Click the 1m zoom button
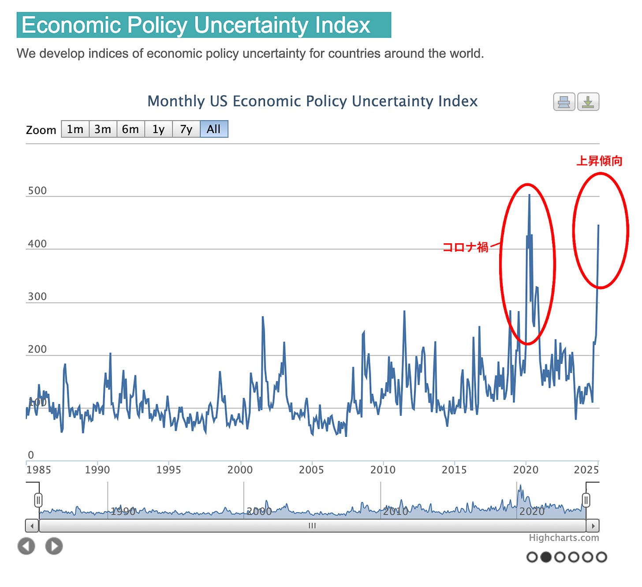point(75,129)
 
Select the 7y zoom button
point(186,129)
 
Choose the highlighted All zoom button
point(214,129)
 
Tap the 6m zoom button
point(131,129)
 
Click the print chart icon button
point(564,102)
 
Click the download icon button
point(588,102)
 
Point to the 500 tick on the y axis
point(37,191)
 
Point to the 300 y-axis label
point(37,297)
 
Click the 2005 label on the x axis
point(311,470)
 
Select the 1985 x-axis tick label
point(39,470)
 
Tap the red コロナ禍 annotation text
point(465,247)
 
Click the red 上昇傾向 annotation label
point(599,161)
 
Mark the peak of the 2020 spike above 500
point(529,195)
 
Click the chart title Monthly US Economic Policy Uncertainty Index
point(312,101)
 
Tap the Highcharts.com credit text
point(564,538)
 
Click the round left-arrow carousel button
point(26,546)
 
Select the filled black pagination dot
point(546,557)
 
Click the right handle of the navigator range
point(586,500)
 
